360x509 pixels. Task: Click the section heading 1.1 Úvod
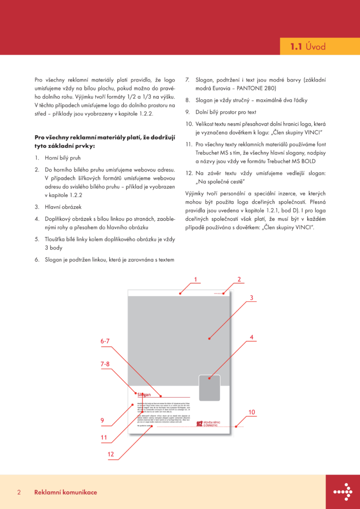[308, 47]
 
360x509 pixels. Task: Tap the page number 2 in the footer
[19, 492]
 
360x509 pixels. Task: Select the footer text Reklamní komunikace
[66, 492]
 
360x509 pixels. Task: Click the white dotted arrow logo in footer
[343, 492]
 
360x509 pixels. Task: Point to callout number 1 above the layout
[196, 279]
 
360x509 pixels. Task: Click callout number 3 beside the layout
[252, 298]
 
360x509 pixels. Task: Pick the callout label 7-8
[105, 364]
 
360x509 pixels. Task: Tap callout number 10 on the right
[252, 412]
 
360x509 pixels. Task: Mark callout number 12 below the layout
[110, 454]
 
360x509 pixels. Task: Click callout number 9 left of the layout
[102, 421]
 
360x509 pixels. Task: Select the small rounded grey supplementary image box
[209, 388]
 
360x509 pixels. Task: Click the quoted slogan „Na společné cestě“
[217, 181]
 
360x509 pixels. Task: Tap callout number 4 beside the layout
[252, 337]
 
